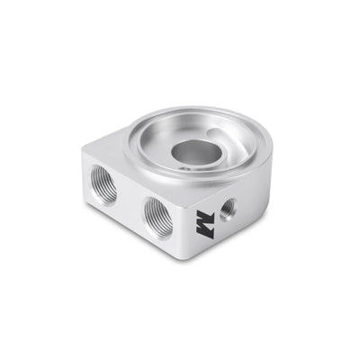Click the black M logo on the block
206,220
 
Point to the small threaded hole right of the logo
229,207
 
